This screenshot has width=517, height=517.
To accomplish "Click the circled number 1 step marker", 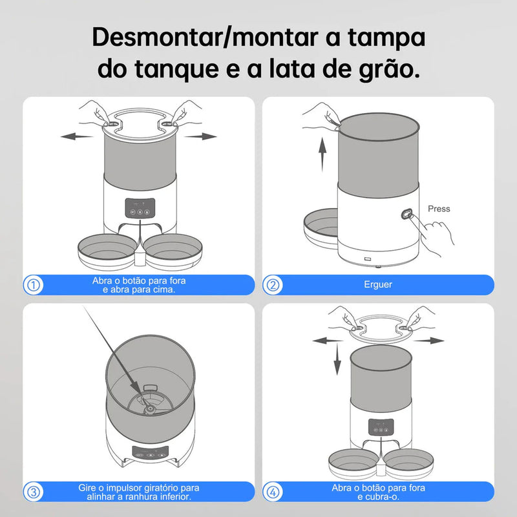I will pos(34,285).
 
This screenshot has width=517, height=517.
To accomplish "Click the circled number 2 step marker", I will pos(273,285).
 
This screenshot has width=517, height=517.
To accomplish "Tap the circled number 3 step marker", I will pos(34,491).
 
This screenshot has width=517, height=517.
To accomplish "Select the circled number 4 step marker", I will pos(273,491).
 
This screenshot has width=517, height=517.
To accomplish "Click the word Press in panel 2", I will pos(439,209).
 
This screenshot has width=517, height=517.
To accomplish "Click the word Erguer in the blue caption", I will pos(378,284).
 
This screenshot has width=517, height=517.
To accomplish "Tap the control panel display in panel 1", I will pos(138,208).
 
